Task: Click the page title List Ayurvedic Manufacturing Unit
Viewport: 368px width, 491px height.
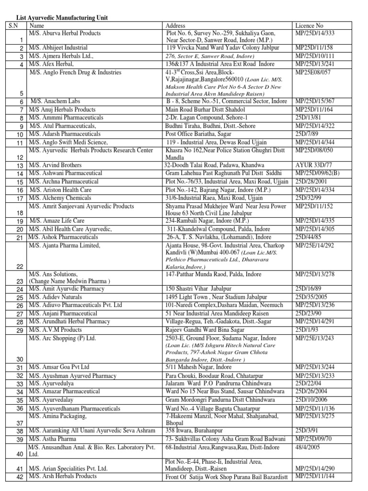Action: (62, 18)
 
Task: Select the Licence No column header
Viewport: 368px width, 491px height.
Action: (310, 25)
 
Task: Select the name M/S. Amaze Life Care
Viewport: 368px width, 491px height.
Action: (57, 221)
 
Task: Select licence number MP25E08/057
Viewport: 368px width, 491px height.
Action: (313, 72)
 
